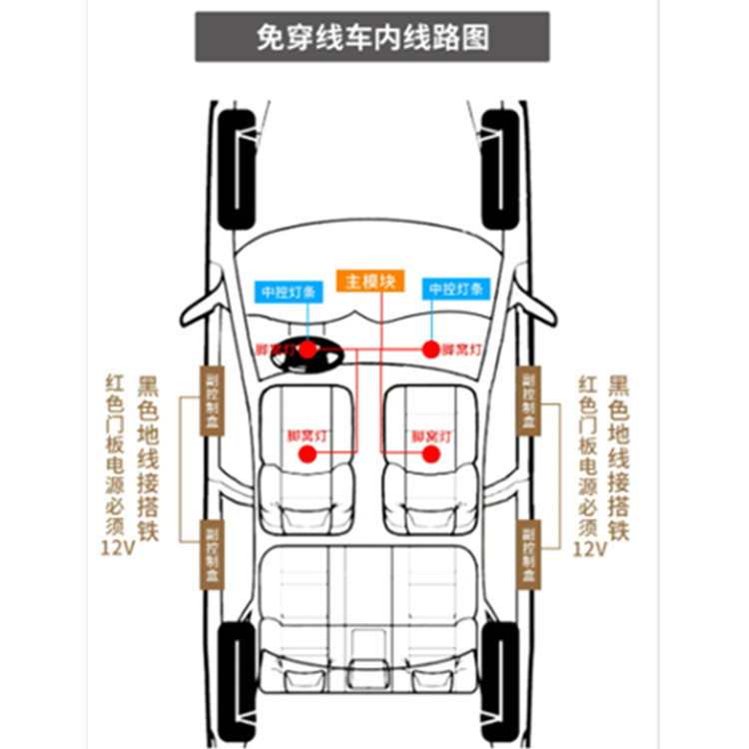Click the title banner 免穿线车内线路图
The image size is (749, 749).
tap(372, 37)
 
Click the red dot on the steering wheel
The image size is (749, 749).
tap(309, 349)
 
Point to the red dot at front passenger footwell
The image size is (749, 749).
tap(431, 349)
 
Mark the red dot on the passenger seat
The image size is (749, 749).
tap(431, 454)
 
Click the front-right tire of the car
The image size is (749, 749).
tap(499, 170)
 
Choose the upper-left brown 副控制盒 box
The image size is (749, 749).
tap(213, 400)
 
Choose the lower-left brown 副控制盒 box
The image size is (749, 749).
tap(213, 554)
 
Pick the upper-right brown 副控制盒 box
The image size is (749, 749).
tap(527, 400)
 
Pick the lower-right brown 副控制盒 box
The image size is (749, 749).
tap(527, 554)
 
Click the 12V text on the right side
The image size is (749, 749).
tap(590, 548)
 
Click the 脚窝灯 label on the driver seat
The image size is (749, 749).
tap(307, 435)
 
